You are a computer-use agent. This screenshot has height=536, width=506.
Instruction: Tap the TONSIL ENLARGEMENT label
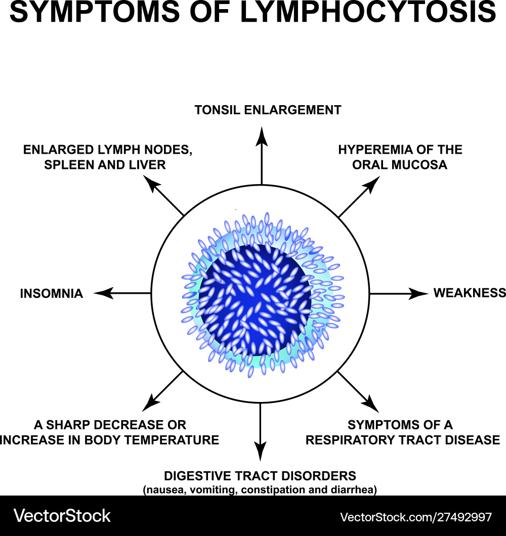pos(268,110)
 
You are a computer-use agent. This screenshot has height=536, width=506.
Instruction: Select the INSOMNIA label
pos(52,293)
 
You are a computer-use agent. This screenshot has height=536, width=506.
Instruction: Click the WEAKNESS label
pos(469,293)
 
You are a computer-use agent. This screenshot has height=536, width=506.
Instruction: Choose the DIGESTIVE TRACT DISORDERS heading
pos(260,476)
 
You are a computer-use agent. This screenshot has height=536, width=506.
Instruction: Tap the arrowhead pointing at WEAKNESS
pos(420,293)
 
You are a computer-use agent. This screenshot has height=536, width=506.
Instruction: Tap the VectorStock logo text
pos(62,516)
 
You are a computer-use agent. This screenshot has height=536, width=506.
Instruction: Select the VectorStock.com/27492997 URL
pos(415,517)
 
